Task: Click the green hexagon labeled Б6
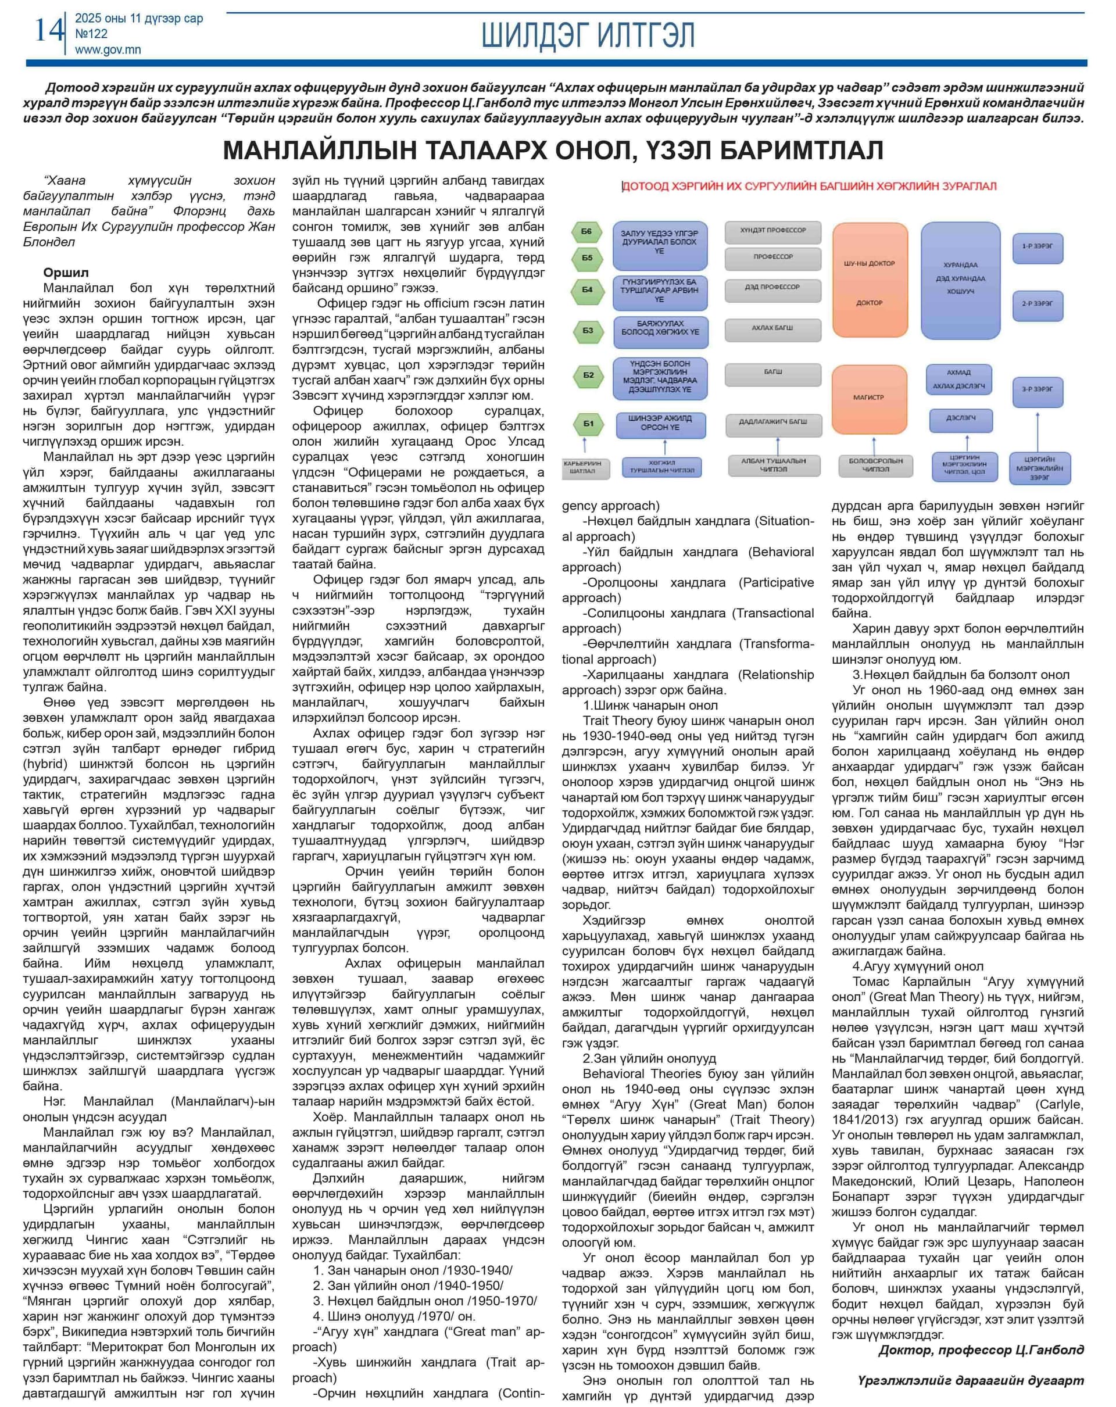tap(586, 232)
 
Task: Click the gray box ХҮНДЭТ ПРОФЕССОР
tap(772, 231)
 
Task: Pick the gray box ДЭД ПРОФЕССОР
tap(772, 287)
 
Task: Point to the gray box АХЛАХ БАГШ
tap(772, 328)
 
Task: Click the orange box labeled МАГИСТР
tap(868, 398)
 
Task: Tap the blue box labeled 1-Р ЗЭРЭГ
tap(1037, 246)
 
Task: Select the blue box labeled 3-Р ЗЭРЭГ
tap(1037, 389)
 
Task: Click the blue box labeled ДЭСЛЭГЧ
tap(961, 418)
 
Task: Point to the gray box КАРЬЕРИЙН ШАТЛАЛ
tap(585, 467)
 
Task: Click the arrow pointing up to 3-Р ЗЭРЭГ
tap(1037, 431)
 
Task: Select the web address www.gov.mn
tap(108, 49)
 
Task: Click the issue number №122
tap(91, 34)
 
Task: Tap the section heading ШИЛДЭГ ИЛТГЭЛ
tap(588, 35)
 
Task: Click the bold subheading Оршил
tap(66, 273)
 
